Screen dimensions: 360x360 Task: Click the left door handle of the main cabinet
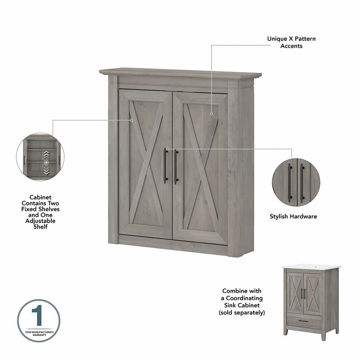(166, 166)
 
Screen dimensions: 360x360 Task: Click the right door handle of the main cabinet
(176, 166)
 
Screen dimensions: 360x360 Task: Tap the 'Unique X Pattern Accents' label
(291, 42)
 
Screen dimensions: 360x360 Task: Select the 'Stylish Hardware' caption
(293, 216)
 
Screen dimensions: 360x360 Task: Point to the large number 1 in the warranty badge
(38, 318)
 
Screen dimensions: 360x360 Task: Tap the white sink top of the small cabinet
(311, 267)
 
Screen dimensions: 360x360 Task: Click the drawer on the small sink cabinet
(303, 320)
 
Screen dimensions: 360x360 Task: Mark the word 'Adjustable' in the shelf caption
(40, 221)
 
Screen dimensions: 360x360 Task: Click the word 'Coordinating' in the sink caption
(242, 298)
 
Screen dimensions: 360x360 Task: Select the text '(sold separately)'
(242, 312)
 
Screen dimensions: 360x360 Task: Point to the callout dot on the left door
(132, 120)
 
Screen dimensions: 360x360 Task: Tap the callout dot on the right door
(211, 114)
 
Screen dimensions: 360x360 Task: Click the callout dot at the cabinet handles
(167, 148)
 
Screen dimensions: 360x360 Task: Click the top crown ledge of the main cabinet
(180, 72)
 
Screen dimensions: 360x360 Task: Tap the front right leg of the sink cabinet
(323, 335)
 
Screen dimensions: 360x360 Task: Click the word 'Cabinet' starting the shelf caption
(40, 198)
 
